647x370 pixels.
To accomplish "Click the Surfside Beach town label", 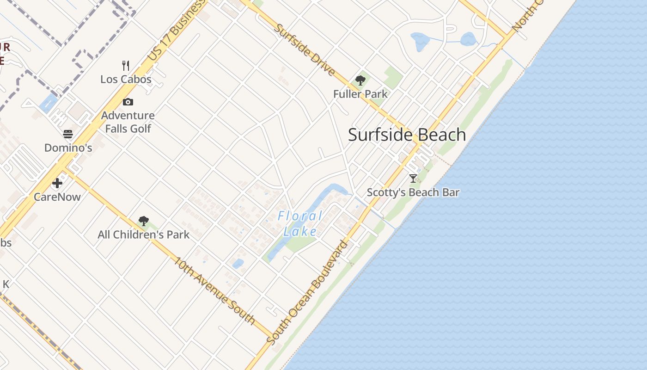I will (407, 135).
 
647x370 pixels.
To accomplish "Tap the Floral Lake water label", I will (300, 223).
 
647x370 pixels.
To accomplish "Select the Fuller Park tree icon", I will (360, 81).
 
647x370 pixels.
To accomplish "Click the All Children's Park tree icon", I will (144, 221).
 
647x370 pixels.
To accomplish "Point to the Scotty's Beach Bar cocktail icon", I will (413, 179).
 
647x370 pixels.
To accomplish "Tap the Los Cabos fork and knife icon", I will (126, 65).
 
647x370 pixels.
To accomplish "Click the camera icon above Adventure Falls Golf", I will (128, 102).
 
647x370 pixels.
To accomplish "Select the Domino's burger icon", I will (68, 135).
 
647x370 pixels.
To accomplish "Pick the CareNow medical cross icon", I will (57, 183).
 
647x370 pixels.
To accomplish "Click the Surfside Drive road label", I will (304, 49).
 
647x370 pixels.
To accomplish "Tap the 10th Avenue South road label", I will (214, 290).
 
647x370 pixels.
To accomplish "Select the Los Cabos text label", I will (126, 79).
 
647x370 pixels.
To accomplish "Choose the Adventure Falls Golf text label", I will (128, 122).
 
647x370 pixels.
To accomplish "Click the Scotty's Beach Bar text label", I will (413, 192).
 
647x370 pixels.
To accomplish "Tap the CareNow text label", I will (57, 197).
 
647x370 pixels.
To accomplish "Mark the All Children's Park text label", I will (143, 235).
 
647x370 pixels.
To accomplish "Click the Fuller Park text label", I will (360, 94).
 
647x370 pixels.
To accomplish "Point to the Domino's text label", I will (68, 148).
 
